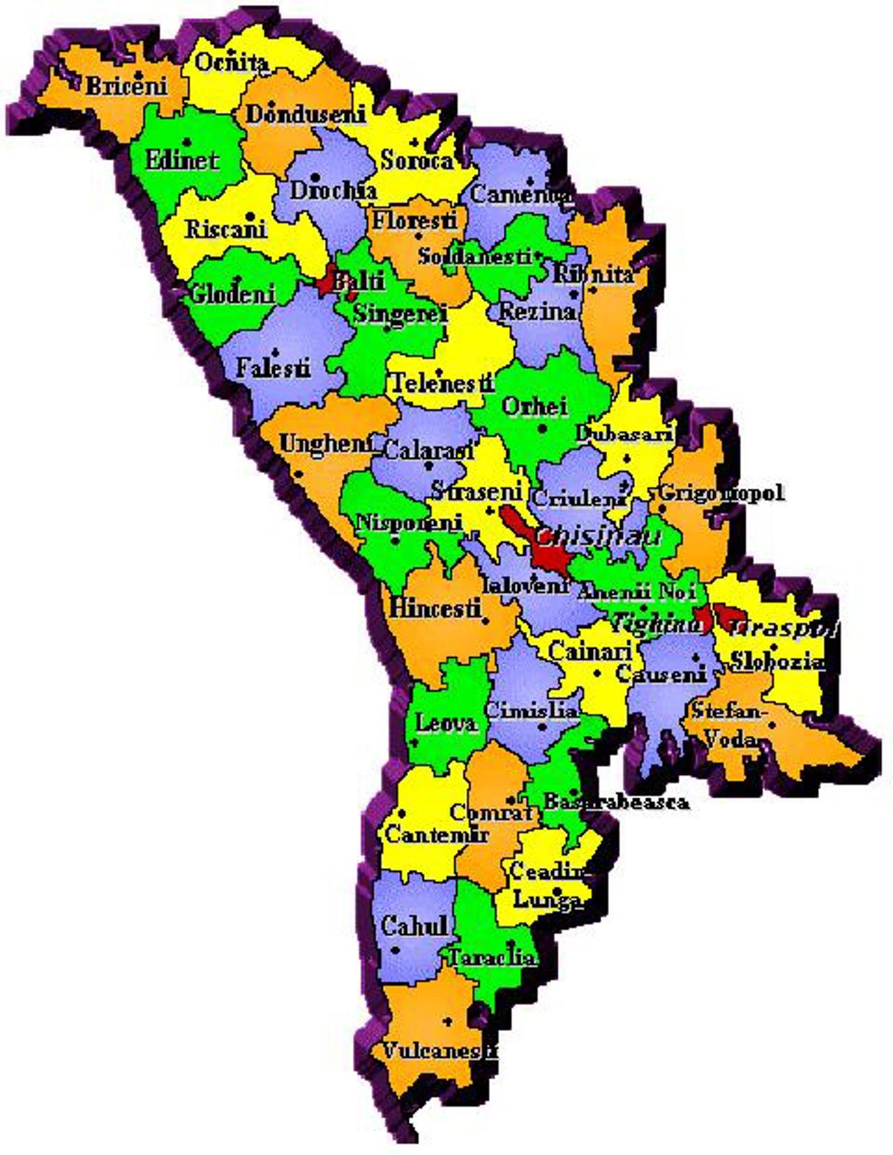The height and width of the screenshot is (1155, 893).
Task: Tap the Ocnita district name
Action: (x=231, y=62)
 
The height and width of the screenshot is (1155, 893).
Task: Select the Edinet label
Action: (x=182, y=160)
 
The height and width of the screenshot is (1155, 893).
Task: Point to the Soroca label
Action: (x=417, y=160)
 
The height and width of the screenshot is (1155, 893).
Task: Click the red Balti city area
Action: (x=327, y=282)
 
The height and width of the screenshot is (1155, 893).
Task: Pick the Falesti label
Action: (x=273, y=367)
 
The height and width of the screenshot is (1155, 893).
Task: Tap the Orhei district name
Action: (x=536, y=406)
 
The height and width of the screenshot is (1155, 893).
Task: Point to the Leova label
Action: (x=446, y=723)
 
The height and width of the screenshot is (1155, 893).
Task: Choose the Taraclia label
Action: (x=492, y=957)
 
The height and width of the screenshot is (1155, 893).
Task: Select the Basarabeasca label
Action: (x=616, y=801)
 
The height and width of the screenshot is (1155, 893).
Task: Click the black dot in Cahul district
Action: (x=396, y=950)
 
